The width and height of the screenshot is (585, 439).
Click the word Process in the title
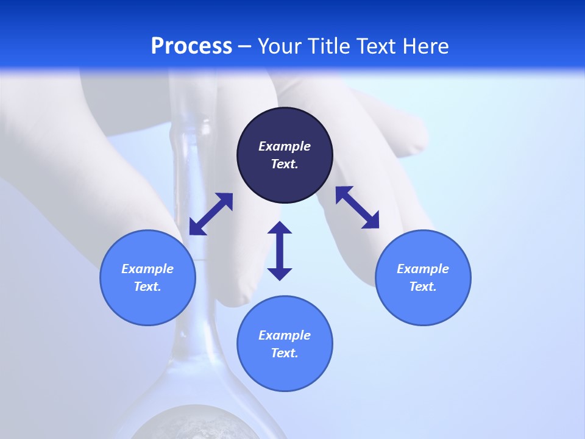[191, 46]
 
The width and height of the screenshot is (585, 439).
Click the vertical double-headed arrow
[280, 251]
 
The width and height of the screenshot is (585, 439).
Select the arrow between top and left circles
[211, 214]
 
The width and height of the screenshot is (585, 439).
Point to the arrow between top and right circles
[357, 207]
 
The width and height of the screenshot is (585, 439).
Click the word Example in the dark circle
[285, 146]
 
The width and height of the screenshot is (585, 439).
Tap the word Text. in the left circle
[147, 287]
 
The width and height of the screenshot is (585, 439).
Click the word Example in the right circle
[423, 269]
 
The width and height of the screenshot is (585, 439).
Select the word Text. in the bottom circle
[285, 353]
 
